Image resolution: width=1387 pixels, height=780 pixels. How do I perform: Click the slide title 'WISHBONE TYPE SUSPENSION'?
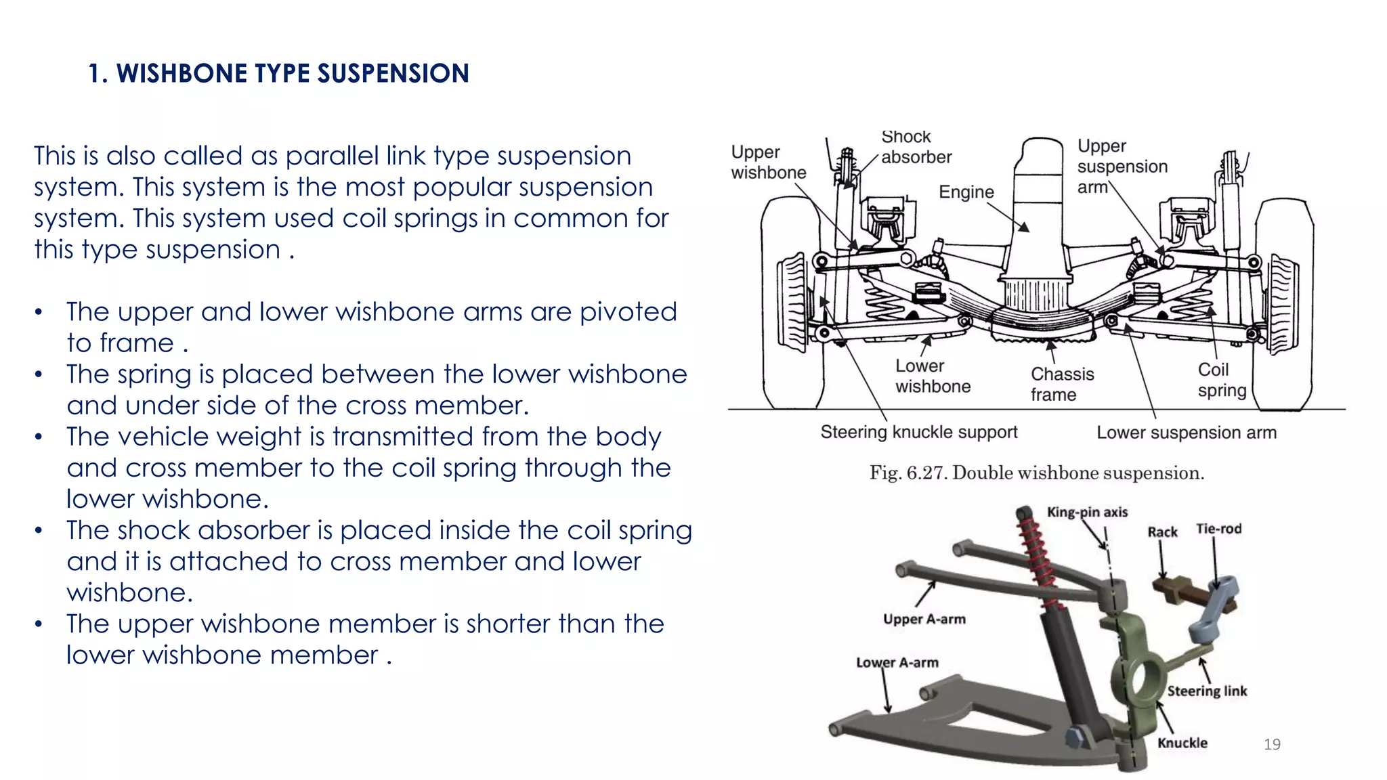point(278,73)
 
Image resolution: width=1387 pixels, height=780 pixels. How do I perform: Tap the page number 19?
point(1272,744)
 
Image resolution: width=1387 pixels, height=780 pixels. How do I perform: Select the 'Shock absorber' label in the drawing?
point(916,148)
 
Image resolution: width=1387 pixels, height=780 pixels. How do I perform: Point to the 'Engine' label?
point(966,192)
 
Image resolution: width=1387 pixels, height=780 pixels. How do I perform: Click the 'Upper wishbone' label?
point(768,162)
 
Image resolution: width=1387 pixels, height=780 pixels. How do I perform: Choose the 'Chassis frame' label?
point(1061,384)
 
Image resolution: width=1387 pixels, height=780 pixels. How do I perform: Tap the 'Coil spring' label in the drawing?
point(1221,380)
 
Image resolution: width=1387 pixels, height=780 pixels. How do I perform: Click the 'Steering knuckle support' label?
point(918,432)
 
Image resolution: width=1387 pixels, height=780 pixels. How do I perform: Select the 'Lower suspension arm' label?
point(1186,433)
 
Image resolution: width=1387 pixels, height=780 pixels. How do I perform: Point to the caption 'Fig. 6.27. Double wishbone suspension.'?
point(1036,473)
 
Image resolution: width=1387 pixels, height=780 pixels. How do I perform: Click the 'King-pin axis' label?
point(1087,513)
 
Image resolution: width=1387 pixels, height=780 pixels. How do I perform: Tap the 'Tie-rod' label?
point(1218,529)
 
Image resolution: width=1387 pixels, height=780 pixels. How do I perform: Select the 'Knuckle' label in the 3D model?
point(1182,743)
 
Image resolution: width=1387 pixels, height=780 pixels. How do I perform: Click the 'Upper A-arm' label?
point(924,619)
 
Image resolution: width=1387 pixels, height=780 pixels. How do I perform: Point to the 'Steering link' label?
point(1206,691)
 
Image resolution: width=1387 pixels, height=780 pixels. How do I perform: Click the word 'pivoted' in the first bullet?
point(628,312)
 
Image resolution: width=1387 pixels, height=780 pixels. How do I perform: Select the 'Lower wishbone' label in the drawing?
point(932,376)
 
